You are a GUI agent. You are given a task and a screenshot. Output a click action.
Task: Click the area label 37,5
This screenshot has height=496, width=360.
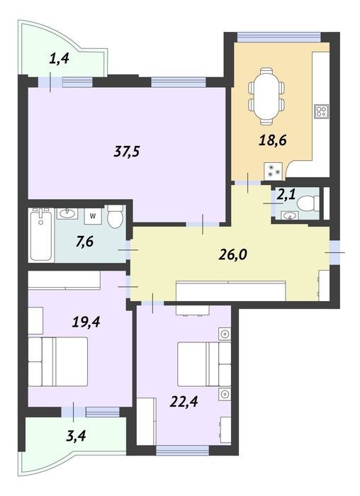[x=127, y=152]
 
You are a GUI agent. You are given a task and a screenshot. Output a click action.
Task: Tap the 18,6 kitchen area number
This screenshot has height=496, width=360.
[x=273, y=140]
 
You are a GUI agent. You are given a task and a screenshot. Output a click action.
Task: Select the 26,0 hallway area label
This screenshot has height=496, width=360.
[x=233, y=254]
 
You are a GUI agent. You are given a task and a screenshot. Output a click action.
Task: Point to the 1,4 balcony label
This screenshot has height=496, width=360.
[x=59, y=59]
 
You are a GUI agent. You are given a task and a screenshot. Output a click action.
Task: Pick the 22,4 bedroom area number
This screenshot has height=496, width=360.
[x=184, y=402]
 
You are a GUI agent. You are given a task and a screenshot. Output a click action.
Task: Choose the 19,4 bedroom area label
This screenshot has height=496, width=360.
[x=86, y=322]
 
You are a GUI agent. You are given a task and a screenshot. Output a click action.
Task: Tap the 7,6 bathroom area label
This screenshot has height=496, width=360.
[x=84, y=242]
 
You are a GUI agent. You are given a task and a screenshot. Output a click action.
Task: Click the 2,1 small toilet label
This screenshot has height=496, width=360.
[x=286, y=193]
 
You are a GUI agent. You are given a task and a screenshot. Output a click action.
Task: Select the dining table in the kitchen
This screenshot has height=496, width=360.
[x=266, y=96]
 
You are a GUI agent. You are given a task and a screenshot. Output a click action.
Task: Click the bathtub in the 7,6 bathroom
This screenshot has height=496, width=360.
[x=41, y=235]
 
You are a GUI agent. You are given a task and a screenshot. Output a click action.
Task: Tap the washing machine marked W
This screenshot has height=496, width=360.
[x=93, y=216]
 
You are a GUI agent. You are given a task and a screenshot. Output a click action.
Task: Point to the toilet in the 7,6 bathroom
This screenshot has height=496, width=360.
[x=115, y=216]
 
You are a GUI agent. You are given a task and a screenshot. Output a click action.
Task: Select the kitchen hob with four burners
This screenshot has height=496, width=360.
[x=321, y=111]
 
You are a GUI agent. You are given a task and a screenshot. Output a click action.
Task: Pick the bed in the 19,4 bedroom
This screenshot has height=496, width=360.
[x=58, y=361]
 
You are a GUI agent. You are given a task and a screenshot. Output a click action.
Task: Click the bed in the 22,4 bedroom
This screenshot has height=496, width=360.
[x=204, y=364]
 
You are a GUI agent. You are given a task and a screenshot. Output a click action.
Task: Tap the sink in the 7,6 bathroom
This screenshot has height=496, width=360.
[x=67, y=214]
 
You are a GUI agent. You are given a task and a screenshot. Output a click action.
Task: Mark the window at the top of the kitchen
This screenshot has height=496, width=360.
[x=279, y=38]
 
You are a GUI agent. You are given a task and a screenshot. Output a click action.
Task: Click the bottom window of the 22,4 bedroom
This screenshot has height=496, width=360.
[x=183, y=450]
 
